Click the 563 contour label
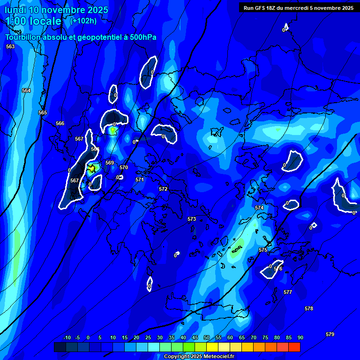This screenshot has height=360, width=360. click(x=10, y=46)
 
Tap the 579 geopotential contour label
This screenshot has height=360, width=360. click(x=330, y=334)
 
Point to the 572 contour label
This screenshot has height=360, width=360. click(x=163, y=189)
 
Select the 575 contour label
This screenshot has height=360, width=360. click(x=263, y=250)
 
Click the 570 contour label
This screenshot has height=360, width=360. click(x=124, y=167)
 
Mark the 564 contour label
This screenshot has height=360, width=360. click(x=26, y=90)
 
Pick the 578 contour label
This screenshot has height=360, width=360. click(x=308, y=308)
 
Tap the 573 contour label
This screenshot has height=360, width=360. click(x=192, y=219)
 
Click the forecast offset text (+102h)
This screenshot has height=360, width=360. click(x=83, y=21)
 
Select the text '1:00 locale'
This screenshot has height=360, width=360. click(x=33, y=21)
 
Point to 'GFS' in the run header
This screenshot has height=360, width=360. click(x=260, y=8)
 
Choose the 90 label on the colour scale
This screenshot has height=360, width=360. click(x=300, y=337)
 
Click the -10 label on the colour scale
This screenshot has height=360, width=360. click(x=67, y=337)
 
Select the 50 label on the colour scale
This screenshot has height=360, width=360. click(x=207, y=337)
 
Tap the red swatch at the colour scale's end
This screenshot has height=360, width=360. click(x=294, y=347)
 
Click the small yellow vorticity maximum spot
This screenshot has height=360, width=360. click(x=92, y=167)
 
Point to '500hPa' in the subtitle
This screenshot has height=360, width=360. click(x=141, y=37)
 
